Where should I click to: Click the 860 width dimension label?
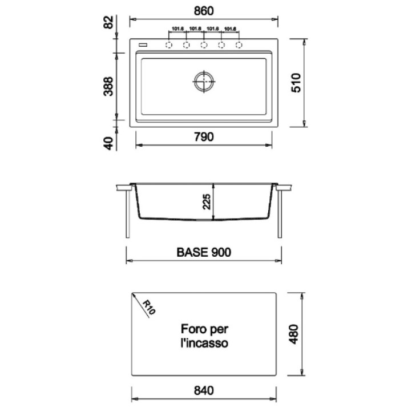click(204, 11)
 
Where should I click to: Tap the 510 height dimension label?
click(296, 83)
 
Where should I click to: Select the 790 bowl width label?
click(204, 137)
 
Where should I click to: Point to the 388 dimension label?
click(108, 86)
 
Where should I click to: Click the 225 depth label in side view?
click(207, 201)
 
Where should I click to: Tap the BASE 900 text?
click(204, 252)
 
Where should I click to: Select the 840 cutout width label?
click(204, 390)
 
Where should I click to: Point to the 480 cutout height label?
click(294, 334)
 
